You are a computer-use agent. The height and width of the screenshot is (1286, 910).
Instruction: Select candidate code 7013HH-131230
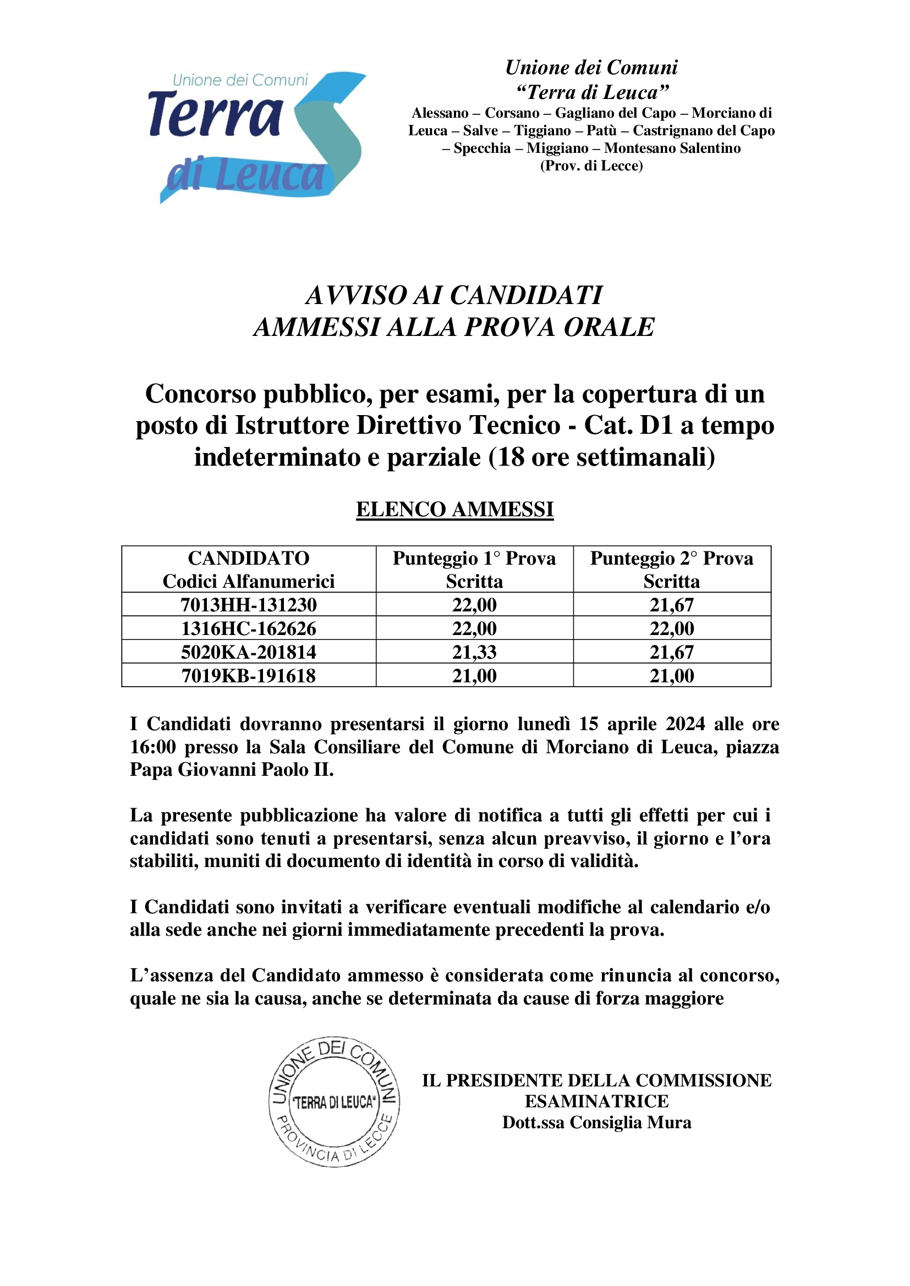coord(248,605)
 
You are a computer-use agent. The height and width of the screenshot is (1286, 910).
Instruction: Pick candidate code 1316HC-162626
coord(248,628)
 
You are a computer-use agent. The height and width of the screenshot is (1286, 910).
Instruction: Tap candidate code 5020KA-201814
coord(248,652)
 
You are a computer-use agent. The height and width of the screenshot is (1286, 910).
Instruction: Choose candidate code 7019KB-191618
coord(248,676)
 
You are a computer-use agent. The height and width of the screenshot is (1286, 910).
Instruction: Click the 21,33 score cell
coord(474,652)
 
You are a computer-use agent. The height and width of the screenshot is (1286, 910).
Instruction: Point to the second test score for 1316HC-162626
coord(671,628)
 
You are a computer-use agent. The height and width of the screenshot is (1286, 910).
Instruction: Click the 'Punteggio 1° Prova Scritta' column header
coord(474,570)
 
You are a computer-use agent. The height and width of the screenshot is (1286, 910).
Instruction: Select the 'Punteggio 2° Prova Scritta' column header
coord(671,570)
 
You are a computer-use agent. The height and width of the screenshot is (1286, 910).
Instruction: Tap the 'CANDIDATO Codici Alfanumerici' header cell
coord(248,570)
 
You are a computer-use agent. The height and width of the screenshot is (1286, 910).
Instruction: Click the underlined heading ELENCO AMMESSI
coord(454,509)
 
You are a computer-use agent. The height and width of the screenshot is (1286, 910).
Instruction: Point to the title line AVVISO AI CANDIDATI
coord(454,295)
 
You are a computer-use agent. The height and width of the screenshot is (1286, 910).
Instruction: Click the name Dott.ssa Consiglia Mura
coord(596,1123)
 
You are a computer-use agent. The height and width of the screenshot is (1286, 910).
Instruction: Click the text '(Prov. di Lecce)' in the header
coord(591,166)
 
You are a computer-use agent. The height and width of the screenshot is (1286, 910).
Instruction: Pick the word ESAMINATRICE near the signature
coord(596,1101)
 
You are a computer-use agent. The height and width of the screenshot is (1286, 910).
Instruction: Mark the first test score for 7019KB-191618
coord(474,676)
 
